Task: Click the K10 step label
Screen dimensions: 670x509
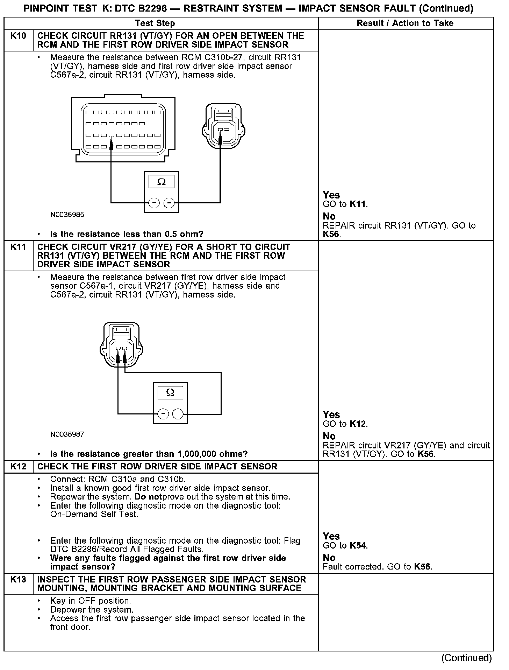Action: (18, 36)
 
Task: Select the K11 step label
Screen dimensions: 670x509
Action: (18, 247)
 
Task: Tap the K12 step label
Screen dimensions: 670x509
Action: (18, 467)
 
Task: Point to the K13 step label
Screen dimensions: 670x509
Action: (18, 579)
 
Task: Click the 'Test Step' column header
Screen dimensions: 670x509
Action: (155, 23)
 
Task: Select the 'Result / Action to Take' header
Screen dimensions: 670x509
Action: (405, 23)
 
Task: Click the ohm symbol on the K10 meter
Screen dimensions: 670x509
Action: (161, 182)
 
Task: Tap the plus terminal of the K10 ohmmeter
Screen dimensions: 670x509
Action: (154, 203)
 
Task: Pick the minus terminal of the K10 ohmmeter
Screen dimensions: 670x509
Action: (169, 203)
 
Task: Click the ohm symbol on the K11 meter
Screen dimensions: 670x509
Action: (170, 392)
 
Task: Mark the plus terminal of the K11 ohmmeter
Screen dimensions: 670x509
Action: (163, 414)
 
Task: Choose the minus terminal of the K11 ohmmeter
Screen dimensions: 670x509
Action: (178, 414)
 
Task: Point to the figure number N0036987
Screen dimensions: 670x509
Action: (67, 434)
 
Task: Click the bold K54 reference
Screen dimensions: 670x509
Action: (358, 546)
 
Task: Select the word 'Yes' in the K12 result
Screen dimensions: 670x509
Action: (331, 536)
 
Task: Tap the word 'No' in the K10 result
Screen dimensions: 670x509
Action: (329, 216)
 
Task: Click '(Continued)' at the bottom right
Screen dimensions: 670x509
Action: (467, 658)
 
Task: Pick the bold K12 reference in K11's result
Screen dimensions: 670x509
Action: (358, 424)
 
